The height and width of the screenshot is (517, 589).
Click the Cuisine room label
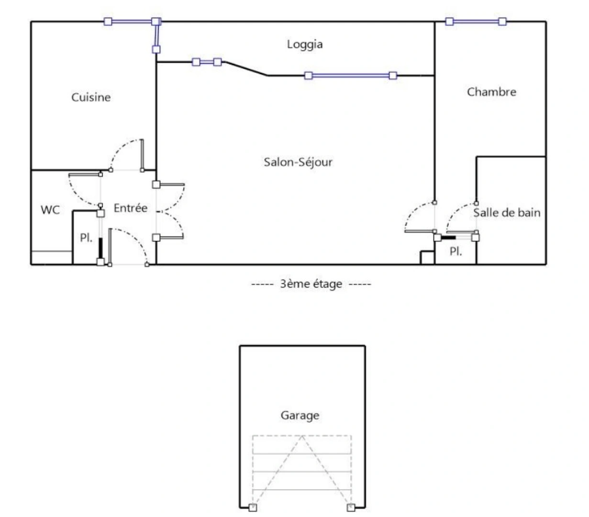(91, 97)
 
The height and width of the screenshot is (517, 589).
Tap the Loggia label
(305, 45)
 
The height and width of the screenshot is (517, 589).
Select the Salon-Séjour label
(298, 162)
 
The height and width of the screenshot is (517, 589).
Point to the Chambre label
(491, 92)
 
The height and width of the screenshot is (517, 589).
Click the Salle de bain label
(507, 213)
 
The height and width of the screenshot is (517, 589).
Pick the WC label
(50, 210)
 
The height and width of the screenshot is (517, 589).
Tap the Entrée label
(130, 208)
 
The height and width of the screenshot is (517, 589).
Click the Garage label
(300, 415)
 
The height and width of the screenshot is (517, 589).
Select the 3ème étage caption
(311, 284)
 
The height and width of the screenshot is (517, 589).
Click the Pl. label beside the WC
(86, 237)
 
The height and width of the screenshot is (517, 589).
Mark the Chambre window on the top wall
(476, 22)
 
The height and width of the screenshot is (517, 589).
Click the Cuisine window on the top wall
(132, 22)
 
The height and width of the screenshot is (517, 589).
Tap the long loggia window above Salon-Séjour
(350, 76)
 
